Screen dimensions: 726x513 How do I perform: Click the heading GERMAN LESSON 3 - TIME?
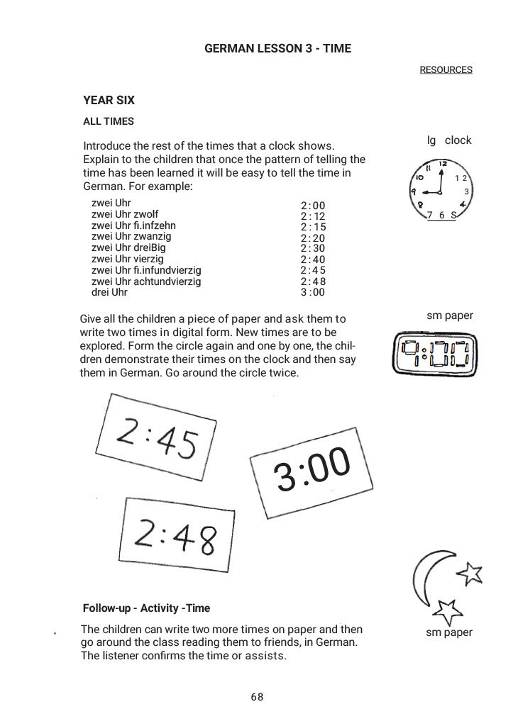(277, 48)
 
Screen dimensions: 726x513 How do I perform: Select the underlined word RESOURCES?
(446, 69)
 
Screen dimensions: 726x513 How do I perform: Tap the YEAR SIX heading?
(109, 101)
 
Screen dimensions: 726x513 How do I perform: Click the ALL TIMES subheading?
(109, 121)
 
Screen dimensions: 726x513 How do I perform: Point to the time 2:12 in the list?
(312, 216)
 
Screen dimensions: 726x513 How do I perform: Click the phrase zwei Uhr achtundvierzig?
(146, 281)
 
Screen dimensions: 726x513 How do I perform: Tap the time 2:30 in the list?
(312, 249)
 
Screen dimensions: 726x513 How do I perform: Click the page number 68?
(257, 697)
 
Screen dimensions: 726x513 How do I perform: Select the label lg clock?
(449, 140)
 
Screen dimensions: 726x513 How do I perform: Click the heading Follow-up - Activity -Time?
(146, 608)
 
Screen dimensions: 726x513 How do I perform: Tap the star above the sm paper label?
(447, 609)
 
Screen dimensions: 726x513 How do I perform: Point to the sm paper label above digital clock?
(449, 315)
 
